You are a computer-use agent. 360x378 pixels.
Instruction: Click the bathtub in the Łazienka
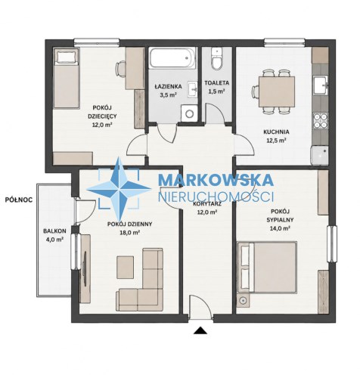coord(172,57)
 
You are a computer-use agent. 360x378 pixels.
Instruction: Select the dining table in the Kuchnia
coord(277,91)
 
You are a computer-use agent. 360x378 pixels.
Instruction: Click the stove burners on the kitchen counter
coord(321,121)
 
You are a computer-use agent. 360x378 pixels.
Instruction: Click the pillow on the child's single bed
coord(67,57)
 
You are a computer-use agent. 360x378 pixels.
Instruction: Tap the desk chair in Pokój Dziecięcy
coord(120,69)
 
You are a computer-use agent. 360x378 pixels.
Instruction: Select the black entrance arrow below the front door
coord(200,330)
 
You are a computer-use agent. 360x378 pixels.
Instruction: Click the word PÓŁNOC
coord(19,200)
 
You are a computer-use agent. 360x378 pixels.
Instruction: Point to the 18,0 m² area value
coord(129,233)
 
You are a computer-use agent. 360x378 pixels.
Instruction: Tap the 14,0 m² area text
coord(280,228)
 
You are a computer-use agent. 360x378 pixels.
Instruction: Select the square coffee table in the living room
coord(126,268)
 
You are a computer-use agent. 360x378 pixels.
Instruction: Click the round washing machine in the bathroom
coord(189,113)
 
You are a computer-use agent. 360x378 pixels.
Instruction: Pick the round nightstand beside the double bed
coord(243,301)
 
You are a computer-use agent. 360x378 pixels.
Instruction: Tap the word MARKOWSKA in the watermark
coord(216,180)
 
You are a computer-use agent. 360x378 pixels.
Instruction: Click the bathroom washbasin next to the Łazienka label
coord(193,89)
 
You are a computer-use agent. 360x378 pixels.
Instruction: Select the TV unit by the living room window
coord(85,268)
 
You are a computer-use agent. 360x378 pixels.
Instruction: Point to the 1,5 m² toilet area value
coord(216,91)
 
